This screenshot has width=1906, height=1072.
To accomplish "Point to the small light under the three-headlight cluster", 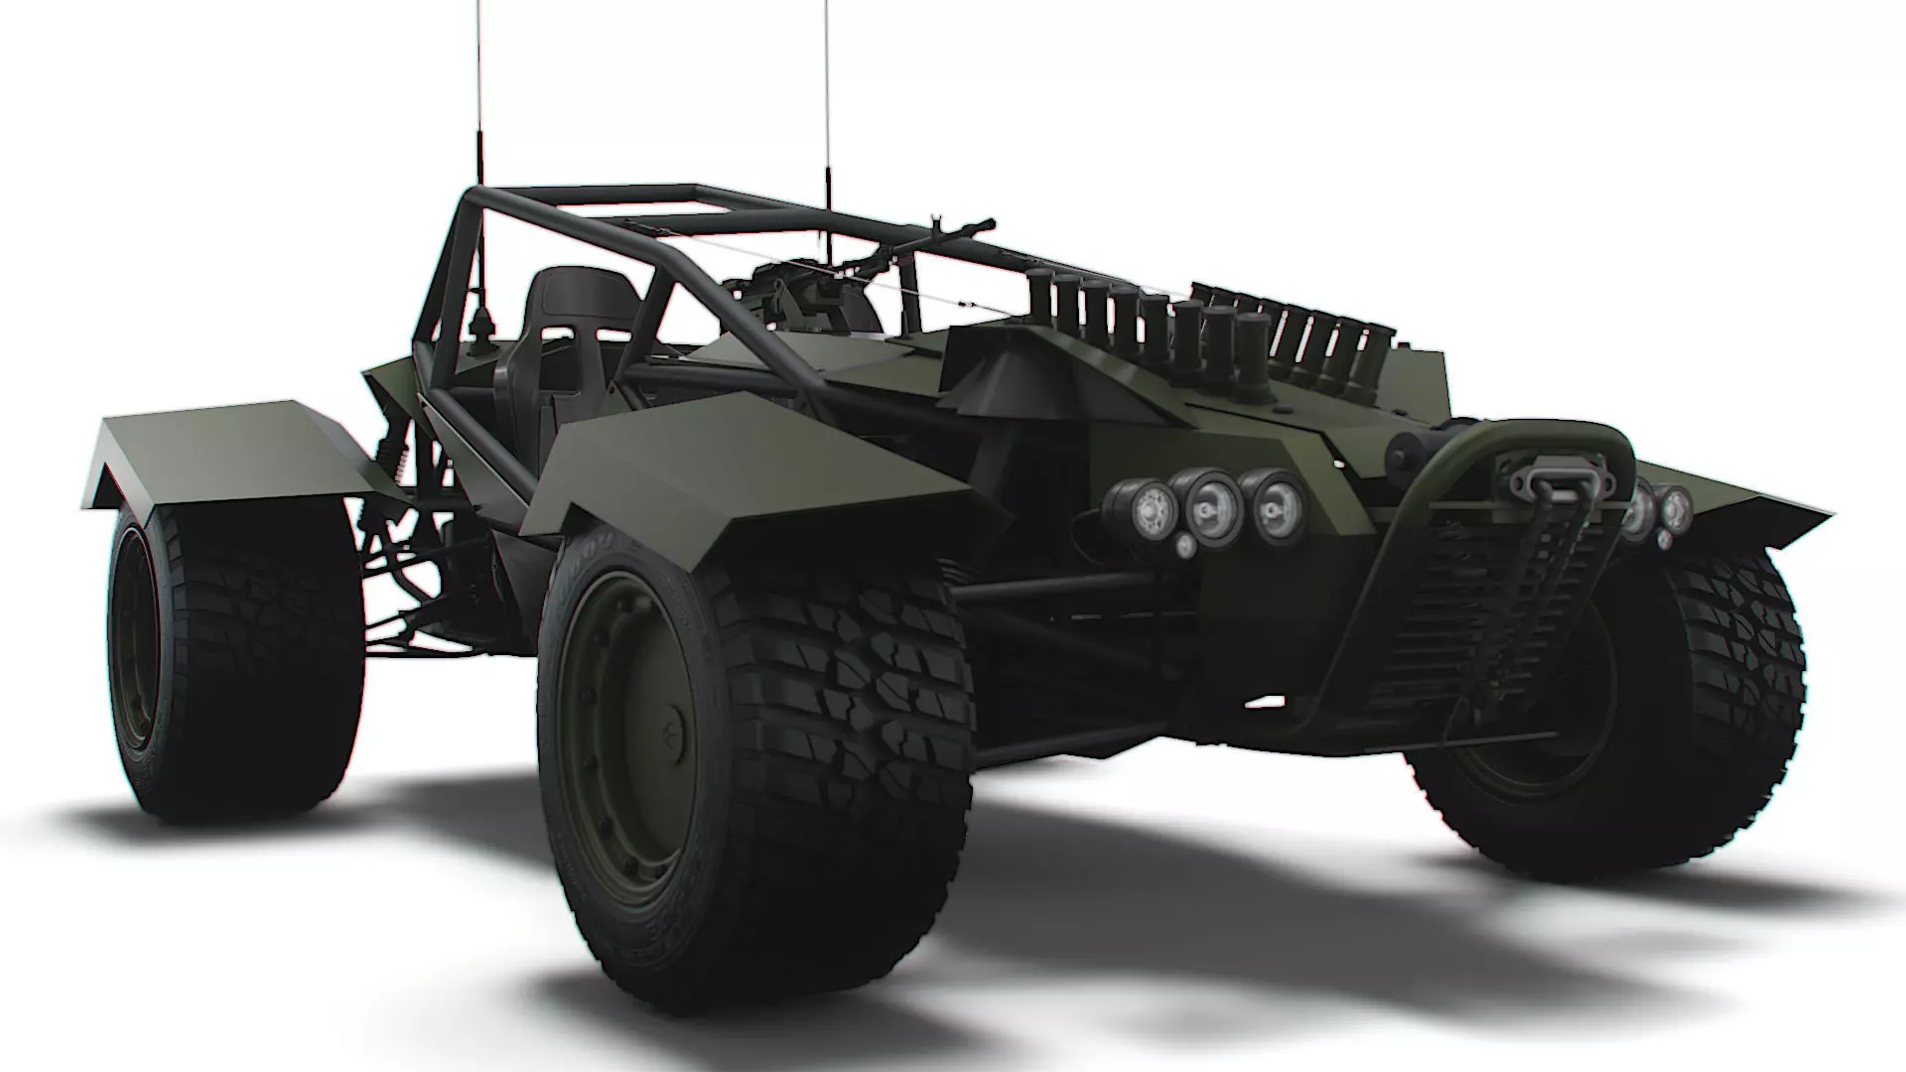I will point(1185,546).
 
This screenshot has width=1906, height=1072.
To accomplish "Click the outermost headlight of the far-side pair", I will point(1675,507).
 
